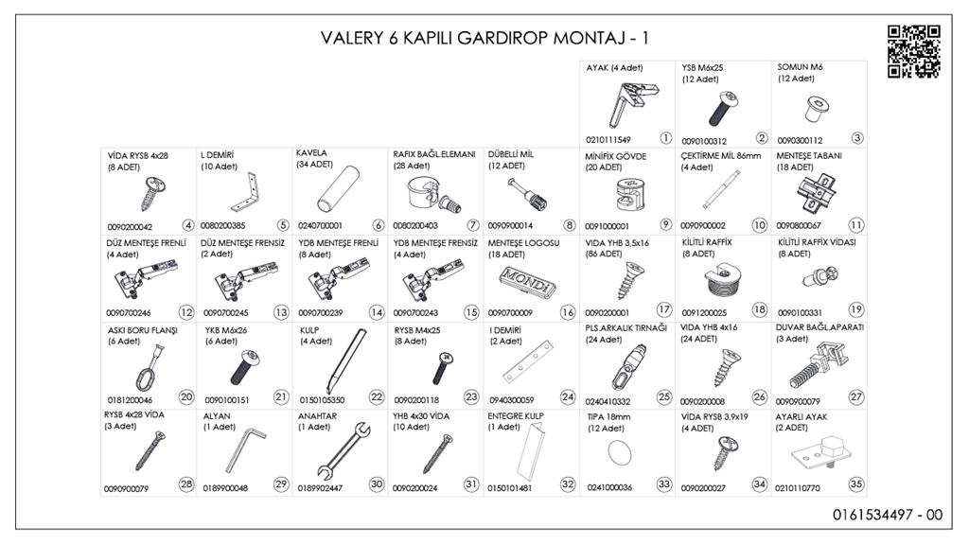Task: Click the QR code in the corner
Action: point(914,52)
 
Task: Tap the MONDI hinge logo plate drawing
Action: point(528,281)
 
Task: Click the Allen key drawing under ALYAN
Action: point(245,450)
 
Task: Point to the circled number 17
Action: point(664,309)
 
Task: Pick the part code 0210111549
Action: point(608,140)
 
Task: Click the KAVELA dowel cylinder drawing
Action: point(338,189)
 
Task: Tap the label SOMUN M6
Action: point(800,67)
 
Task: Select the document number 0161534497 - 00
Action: point(888,514)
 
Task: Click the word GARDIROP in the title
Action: point(485,38)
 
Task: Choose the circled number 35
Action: point(855,484)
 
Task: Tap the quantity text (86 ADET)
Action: point(604,254)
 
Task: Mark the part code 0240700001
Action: point(320,226)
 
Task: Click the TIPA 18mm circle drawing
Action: point(620,452)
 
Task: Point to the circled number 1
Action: point(665,138)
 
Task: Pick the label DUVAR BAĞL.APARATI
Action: point(819,327)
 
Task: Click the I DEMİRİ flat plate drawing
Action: point(527,362)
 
